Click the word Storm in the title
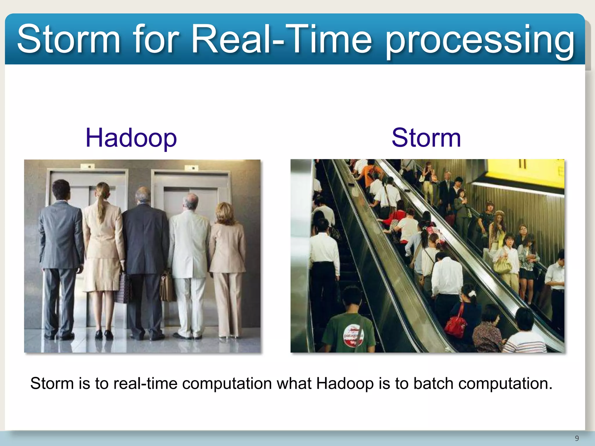(69, 39)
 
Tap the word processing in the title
(479, 41)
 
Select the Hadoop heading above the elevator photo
(131, 138)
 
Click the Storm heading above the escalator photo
(426, 138)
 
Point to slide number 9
(577, 438)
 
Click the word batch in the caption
(433, 384)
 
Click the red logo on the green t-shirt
(353, 335)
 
